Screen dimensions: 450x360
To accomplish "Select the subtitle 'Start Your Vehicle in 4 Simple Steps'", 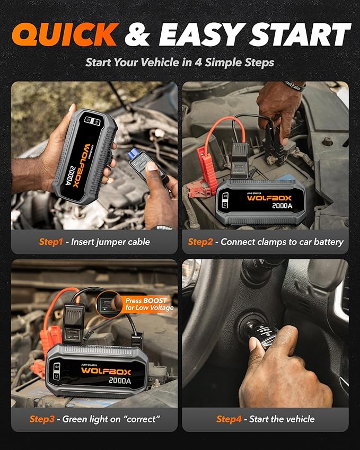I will tap(180, 63).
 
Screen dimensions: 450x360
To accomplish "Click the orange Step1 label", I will tap(51, 242).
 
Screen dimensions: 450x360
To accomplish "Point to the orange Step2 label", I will tap(200, 242).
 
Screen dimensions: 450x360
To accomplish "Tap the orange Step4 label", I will tap(229, 419).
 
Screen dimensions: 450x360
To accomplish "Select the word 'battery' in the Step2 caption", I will tap(327, 242).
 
